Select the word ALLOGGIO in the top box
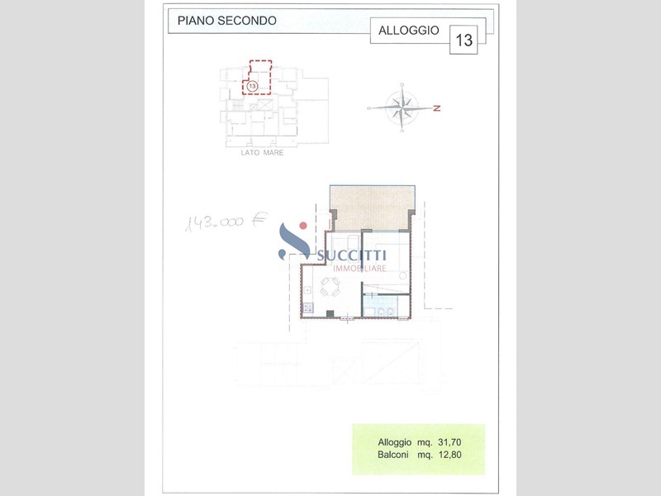pyautogui.click(x=408, y=31)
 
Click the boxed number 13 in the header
pyautogui.click(x=464, y=40)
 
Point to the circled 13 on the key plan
pyautogui.click(x=252, y=86)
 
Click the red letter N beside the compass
pyautogui.click(x=437, y=108)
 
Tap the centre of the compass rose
pyautogui.click(x=402, y=108)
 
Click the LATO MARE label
pyautogui.click(x=262, y=153)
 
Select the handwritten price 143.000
pyautogui.click(x=215, y=222)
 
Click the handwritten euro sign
pyautogui.click(x=259, y=219)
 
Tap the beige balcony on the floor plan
pyautogui.click(x=371, y=208)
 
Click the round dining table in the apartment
pyautogui.click(x=330, y=287)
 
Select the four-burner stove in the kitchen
pyautogui.click(x=307, y=308)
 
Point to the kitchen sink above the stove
pyautogui.click(x=307, y=290)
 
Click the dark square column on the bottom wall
pyautogui.click(x=330, y=313)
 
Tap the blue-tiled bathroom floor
pyautogui.click(x=379, y=304)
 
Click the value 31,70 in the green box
pyautogui.click(x=449, y=442)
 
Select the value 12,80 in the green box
pyautogui.click(x=449, y=455)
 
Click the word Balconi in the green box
pyautogui.click(x=393, y=455)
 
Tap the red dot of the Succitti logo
pyautogui.click(x=302, y=226)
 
